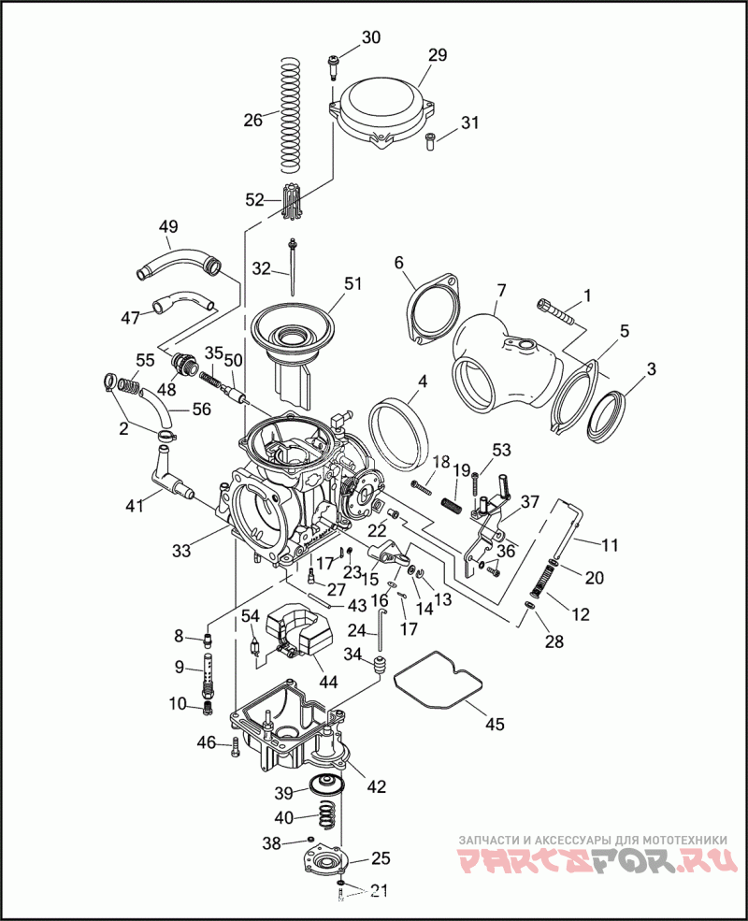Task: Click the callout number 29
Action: click(439, 55)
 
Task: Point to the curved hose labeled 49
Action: click(178, 260)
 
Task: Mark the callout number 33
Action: click(180, 552)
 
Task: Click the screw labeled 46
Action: click(234, 744)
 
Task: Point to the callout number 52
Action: click(255, 199)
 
